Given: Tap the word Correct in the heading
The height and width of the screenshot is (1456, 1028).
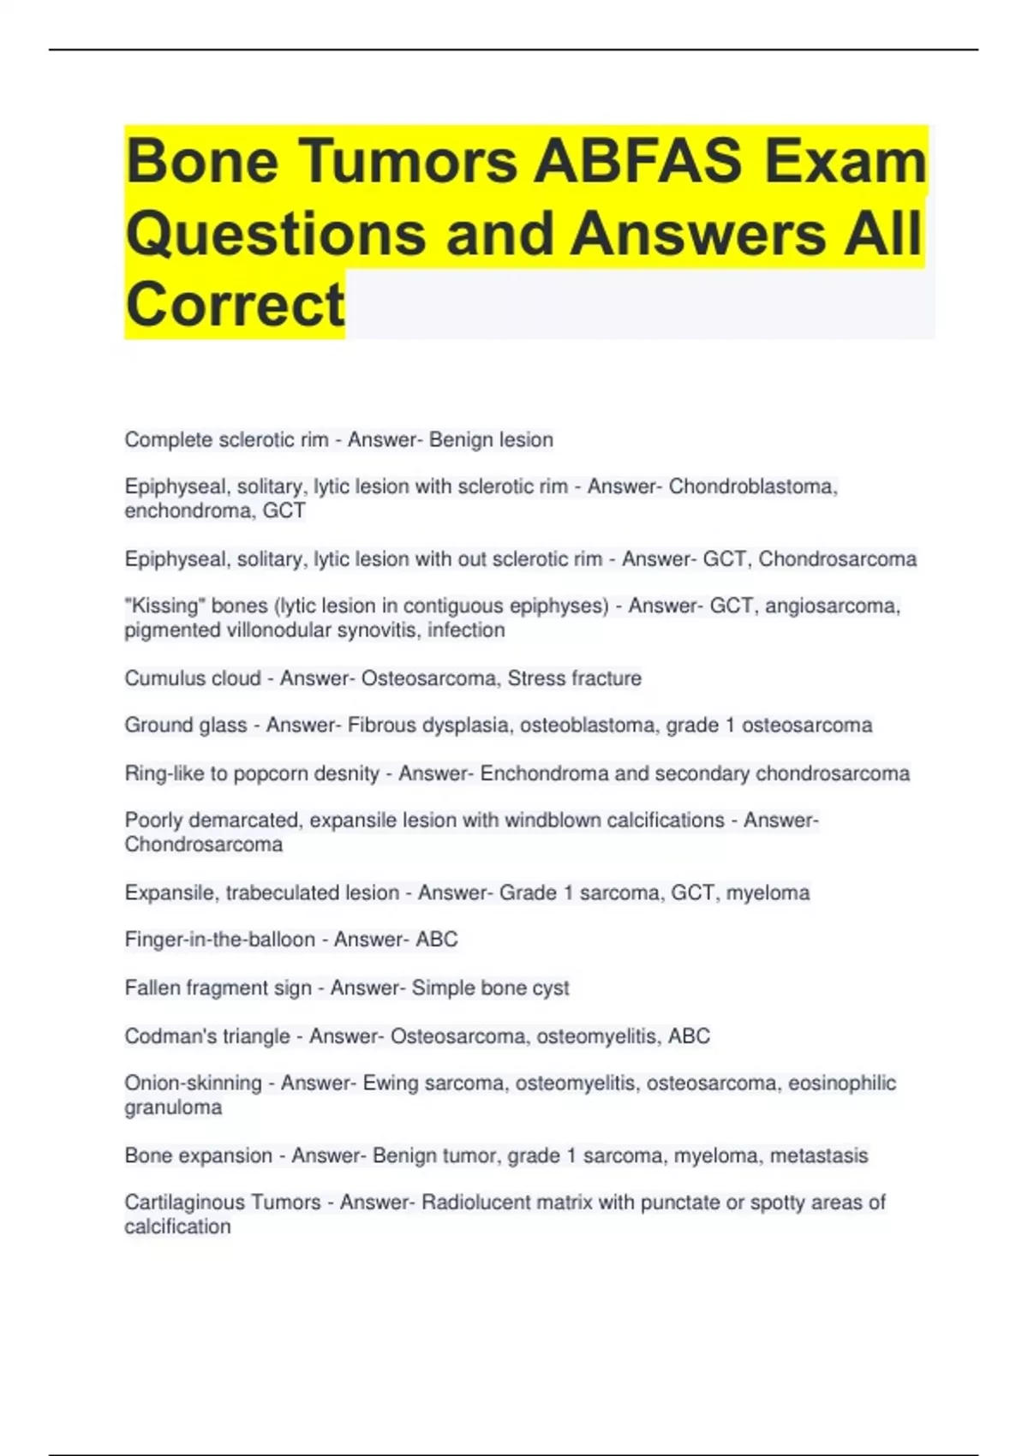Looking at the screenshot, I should point(235,304).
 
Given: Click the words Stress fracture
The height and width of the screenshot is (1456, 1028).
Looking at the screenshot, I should point(574,678).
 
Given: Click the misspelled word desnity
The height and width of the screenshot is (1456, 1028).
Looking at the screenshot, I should point(346,773).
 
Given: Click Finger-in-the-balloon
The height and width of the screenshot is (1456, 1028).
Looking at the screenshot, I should point(219,940).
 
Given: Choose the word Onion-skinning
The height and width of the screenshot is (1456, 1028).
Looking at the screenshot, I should point(193,1083).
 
